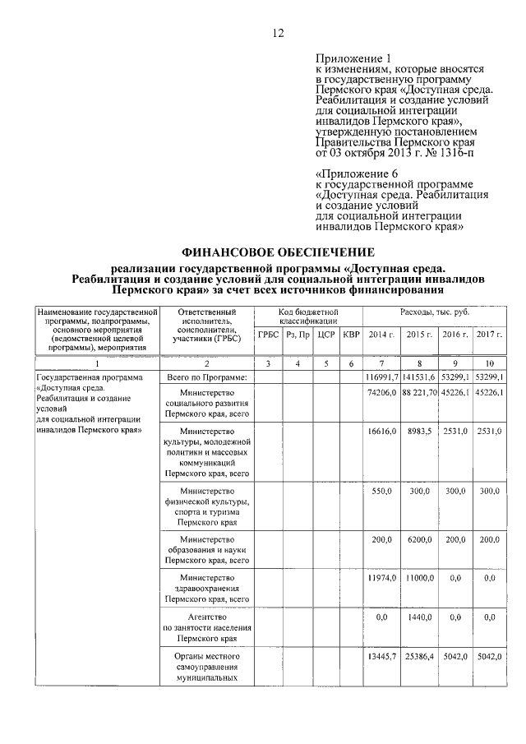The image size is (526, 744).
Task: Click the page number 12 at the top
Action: point(278,33)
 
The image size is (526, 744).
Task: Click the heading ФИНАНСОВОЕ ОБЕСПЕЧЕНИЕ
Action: point(278,252)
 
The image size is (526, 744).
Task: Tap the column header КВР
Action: point(351,334)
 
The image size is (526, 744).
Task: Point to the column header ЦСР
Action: point(325,334)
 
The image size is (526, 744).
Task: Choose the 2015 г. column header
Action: point(420,334)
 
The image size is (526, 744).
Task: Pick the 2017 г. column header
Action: point(489,334)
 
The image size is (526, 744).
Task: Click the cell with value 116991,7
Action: point(381,377)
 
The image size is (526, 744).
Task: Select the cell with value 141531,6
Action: point(420,377)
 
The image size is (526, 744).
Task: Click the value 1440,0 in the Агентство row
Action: point(420,616)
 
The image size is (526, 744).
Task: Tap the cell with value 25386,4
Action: point(420,658)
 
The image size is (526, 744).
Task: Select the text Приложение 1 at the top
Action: point(353,58)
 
